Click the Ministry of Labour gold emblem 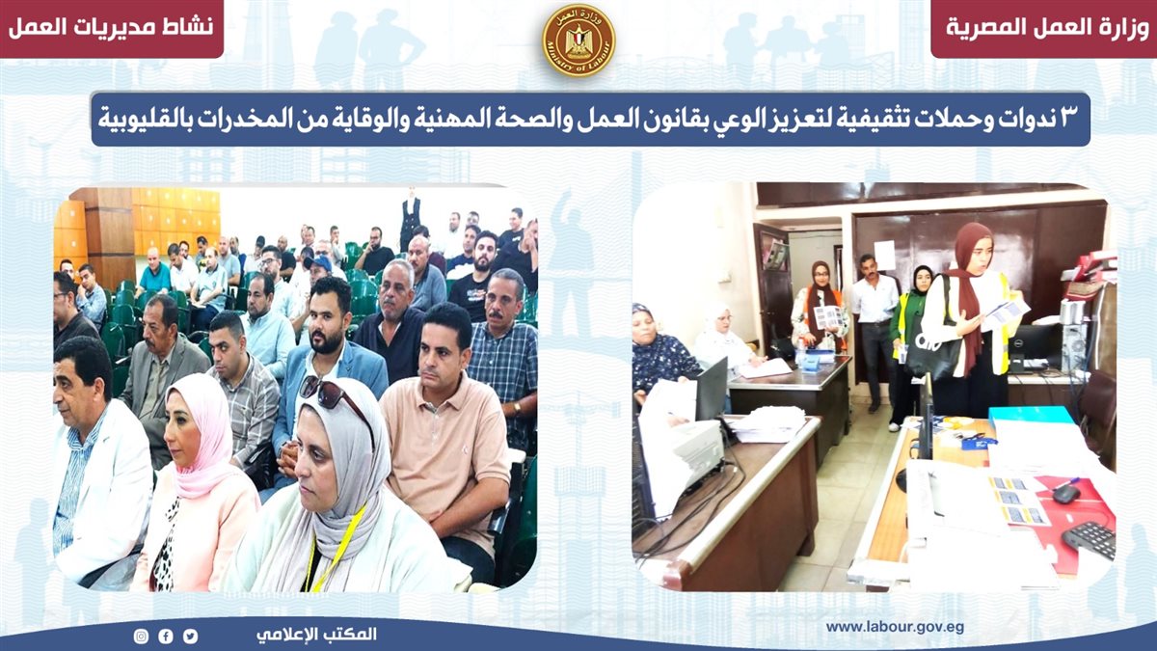578,40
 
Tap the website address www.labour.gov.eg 895,627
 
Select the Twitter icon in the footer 190,636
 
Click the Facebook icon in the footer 166,636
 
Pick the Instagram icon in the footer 141,636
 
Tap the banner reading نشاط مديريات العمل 111,27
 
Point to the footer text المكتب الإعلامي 316,635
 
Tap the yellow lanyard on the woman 331,548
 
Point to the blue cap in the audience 318,264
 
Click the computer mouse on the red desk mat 1065,494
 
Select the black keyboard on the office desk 1090,540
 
